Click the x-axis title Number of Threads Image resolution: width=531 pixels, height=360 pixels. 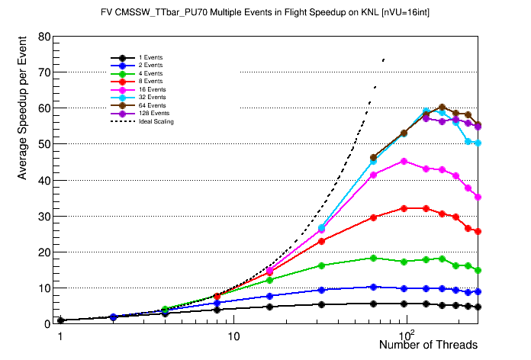pyautogui.click(x=428, y=345)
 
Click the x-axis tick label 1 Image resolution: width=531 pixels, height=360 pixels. pyautogui.click(x=60, y=336)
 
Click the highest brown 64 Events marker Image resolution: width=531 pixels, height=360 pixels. pyautogui.click(x=442, y=108)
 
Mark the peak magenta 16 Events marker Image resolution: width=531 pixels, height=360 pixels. pyautogui.click(x=404, y=162)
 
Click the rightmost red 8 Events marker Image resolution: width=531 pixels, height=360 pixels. pyautogui.click(x=478, y=231)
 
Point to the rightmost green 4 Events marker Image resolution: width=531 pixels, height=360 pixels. pyautogui.click(x=478, y=270)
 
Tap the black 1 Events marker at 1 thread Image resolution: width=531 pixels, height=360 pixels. pyautogui.click(x=60, y=320)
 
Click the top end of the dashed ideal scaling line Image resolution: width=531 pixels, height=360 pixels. pyautogui.click(x=383, y=58)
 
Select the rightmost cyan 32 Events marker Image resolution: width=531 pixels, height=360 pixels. pyautogui.click(x=478, y=143)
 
